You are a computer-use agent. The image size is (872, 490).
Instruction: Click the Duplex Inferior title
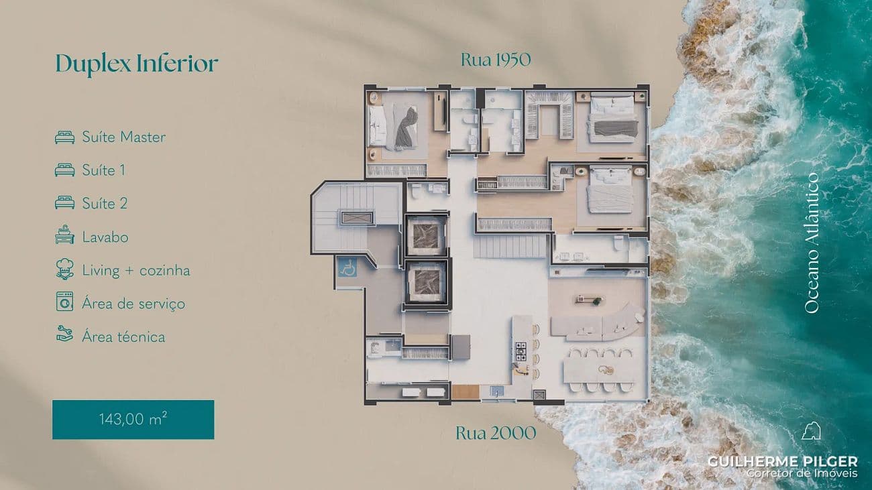137,64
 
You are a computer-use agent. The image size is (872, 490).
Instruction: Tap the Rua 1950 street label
496,60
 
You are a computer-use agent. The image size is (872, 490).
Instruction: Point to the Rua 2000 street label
496,433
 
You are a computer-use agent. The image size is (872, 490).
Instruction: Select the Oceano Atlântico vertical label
812,243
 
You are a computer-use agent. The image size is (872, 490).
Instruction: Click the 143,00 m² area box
133,420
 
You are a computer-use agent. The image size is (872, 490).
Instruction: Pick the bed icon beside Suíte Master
64,137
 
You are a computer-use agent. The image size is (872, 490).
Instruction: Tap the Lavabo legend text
105,237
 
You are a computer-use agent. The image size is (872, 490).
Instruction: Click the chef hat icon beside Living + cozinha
64,269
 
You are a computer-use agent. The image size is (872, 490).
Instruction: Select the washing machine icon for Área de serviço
64,302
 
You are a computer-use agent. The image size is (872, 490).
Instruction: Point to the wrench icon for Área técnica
64,334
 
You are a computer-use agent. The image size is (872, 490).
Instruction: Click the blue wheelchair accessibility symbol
347,267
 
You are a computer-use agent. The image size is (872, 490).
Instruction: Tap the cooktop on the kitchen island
521,351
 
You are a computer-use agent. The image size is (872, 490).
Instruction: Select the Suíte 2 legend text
105,204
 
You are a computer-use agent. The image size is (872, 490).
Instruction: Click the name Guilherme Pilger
783,462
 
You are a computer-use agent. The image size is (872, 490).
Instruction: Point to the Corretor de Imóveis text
802,473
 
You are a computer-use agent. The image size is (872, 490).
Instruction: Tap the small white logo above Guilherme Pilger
811,431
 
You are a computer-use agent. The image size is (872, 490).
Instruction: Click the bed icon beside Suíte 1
64,170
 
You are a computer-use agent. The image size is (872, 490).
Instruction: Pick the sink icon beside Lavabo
64,235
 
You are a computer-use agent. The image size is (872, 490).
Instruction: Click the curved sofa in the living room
600,323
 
